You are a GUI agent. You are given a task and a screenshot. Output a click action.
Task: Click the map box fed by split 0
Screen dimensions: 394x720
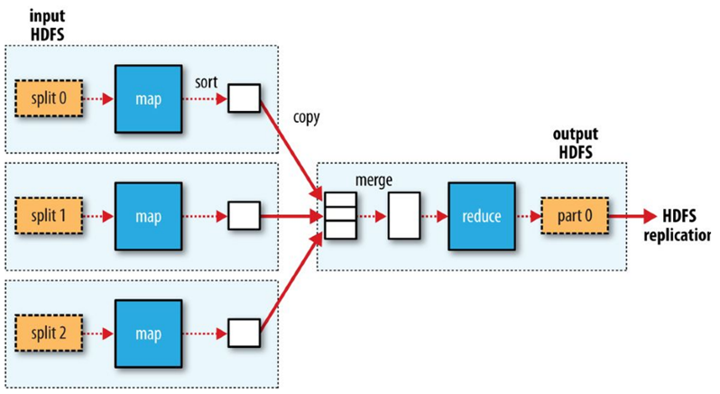pyautogui.click(x=148, y=98)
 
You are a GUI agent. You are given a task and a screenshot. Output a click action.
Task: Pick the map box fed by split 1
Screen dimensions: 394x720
pyautogui.click(x=148, y=217)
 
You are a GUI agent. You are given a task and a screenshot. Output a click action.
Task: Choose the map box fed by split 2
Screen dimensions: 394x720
pyautogui.click(x=148, y=333)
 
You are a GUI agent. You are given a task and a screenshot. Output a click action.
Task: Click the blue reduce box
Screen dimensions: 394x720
pyautogui.click(x=482, y=217)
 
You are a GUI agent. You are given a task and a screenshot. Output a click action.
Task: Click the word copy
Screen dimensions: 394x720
pyautogui.click(x=307, y=118)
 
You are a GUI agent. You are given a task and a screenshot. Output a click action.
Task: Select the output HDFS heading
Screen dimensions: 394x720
pyautogui.click(x=576, y=143)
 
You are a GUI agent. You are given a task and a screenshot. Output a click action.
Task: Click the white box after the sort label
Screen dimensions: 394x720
pyautogui.click(x=244, y=98)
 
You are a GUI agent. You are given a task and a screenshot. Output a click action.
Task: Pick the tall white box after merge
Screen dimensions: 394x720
pyautogui.click(x=404, y=217)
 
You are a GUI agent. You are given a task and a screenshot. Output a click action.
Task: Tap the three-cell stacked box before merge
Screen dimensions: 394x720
pyautogui.click(x=339, y=217)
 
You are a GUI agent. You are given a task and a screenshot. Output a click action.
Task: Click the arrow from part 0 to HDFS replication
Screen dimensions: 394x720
pyautogui.click(x=637, y=217)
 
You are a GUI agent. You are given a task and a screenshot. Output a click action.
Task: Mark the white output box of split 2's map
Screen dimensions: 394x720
pyautogui.click(x=244, y=333)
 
